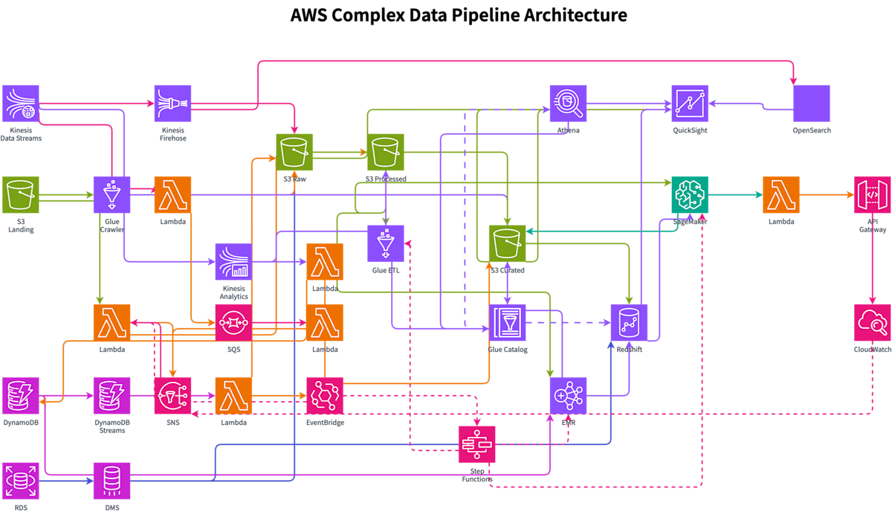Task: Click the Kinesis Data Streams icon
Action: click(21, 103)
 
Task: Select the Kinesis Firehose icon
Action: click(172, 103)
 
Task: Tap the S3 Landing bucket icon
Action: click(21, 195)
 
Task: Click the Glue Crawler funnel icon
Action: click(112, 195)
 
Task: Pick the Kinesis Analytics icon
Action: click(233, 262)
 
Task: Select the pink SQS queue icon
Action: click(233, 322)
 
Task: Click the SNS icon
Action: click(172, 396)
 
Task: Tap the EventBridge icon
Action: click(325, 396)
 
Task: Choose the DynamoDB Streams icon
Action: click(112, 396)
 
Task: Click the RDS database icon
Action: click(21, 481)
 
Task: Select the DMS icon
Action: click(112, 481)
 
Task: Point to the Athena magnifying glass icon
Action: click(569, 103)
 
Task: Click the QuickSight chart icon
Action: click(691, 103)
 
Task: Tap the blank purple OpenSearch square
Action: click(812, 103)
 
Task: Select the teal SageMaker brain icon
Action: click(691, 195)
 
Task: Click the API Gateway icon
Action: click(872, 195)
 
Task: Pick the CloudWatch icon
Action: click(872, 322)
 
